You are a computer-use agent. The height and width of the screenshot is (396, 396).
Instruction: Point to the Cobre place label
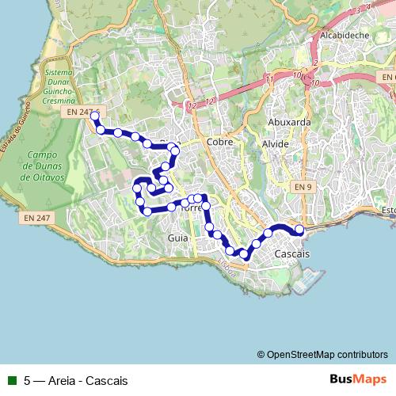click(x=217, y=142)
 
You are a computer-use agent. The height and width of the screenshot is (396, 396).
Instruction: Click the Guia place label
click(x=177, y=237)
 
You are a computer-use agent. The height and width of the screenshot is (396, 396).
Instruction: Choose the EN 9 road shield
click(x=300, y=186)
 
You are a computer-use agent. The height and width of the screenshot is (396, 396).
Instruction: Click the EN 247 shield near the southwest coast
click(x=36, y=217)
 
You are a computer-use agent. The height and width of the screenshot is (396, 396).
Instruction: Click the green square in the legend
click(x=10, y=381)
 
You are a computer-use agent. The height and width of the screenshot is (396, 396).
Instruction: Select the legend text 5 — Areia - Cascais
click(x=76, y=381)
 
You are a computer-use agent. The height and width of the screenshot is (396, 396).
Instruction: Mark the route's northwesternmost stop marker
click(x=95, y=116)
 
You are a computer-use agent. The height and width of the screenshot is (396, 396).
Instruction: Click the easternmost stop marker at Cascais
click(x=299, y=230)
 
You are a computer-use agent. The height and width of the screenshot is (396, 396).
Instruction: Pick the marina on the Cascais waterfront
click(x=311, y=276)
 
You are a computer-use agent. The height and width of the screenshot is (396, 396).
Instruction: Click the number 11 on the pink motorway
click(x=271, y=80)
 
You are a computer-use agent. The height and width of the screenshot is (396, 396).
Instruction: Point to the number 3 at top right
click(x=358, y=9)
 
